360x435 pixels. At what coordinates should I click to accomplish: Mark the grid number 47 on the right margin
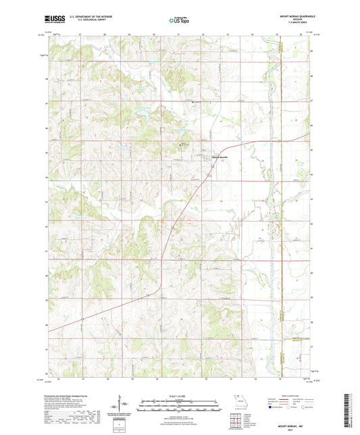311,101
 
